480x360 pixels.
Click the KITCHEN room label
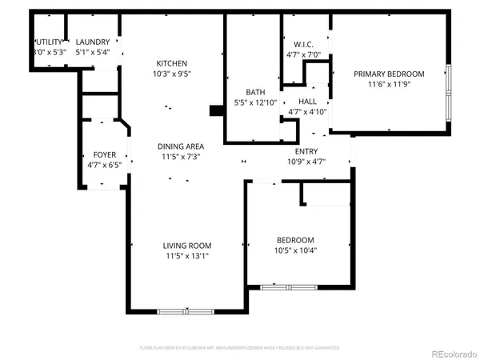[171, 63]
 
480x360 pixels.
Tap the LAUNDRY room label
[93, 42]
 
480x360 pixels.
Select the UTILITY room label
[48, 42]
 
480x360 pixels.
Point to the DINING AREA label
[180, 146]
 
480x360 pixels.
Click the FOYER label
[105, 154]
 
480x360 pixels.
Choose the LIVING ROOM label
[187, 246]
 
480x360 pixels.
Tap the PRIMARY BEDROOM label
[389, 74]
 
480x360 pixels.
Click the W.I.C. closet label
[302, 45]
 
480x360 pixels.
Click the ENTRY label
[306, 152]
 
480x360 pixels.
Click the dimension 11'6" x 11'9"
[389, 84]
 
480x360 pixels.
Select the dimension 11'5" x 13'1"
[187, 256]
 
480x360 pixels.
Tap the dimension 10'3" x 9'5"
[172, 74]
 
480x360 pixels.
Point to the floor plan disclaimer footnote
[240, 348]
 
